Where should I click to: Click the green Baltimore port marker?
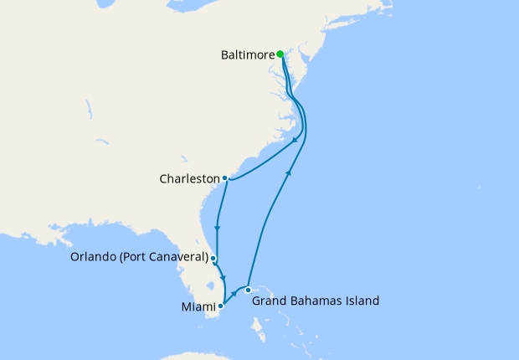click(280, 54)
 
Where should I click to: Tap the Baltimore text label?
click(248, 55)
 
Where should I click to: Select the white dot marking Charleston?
click(225, 177)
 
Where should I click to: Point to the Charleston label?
click(192, 178)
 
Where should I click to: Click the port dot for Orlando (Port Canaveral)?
click(213, 258)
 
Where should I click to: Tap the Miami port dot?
click(220, 306)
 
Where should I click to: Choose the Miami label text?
click(198, 306)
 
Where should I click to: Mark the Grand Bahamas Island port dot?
click(248, 290)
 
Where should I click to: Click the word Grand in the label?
click(271, 300)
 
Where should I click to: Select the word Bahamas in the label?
click(320, 300)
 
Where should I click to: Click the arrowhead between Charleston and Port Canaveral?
click(218, 228)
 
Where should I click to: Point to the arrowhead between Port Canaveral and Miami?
click(223, 277)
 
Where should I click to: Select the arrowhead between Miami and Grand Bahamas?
click(233, 294)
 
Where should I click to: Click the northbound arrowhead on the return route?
click(290, 172)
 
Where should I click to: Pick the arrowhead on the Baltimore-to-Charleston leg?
click(296, 141)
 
